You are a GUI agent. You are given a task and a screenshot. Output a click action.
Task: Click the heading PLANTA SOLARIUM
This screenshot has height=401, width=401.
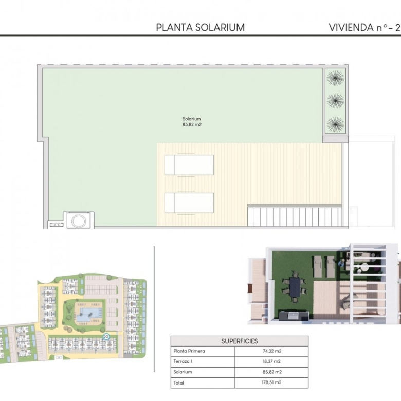[200, 28]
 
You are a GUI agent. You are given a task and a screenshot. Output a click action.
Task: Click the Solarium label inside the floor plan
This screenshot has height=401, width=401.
[192, 119]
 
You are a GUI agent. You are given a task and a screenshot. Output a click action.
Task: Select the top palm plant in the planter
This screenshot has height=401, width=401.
[335, 78]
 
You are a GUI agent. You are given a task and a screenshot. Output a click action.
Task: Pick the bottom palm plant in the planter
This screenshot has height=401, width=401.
[335, 124]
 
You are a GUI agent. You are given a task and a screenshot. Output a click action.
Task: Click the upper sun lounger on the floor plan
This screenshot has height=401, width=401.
[189, 165]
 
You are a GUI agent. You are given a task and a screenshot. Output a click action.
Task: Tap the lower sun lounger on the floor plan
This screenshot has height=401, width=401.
[189, 203]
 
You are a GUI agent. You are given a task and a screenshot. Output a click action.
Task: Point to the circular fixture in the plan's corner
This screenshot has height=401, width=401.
[79, 221]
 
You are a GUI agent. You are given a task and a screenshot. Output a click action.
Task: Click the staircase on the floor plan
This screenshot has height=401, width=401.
[295, 215]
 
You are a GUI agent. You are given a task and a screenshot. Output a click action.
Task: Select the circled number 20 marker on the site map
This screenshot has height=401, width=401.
[106, 337]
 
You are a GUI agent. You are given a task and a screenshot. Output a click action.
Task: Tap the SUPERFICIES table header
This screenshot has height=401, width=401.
[240, 341]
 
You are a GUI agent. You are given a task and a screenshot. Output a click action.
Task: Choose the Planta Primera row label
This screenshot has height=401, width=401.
[189, 351]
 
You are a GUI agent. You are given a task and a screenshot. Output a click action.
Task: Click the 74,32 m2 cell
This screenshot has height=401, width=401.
[272, 351]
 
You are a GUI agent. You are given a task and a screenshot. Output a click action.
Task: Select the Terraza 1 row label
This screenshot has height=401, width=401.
[183, 361]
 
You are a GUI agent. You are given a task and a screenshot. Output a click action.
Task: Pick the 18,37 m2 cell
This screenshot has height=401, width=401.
[272, 361]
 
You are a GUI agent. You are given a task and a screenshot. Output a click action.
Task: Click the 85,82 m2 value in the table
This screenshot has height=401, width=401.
[272, 372]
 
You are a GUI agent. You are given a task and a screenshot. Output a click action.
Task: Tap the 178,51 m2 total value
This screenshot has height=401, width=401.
[272, 382]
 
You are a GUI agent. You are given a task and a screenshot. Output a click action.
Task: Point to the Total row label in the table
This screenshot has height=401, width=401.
[178, 383]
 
